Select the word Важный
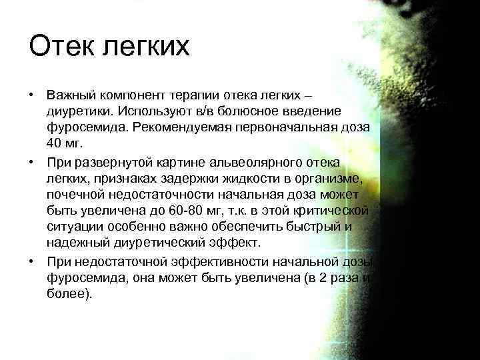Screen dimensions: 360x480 tap(73, 94)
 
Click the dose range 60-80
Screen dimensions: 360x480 tap(192, 211)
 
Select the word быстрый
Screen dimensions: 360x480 tap(320, 226)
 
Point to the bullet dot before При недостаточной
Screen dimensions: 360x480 tap(31, 262)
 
